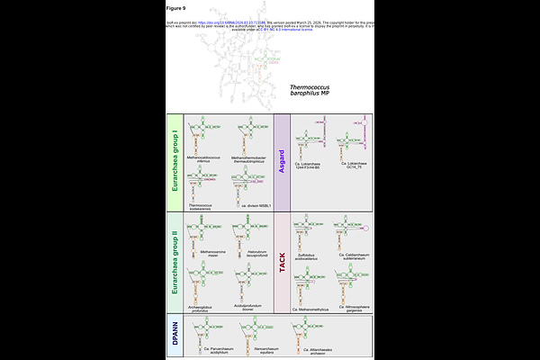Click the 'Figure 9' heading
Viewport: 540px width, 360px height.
pos(176,8)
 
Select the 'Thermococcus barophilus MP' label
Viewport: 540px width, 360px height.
pos(310,91)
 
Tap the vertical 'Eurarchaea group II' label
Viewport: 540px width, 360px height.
pos(175,261)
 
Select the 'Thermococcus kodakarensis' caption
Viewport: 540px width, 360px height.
pos(205,206)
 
